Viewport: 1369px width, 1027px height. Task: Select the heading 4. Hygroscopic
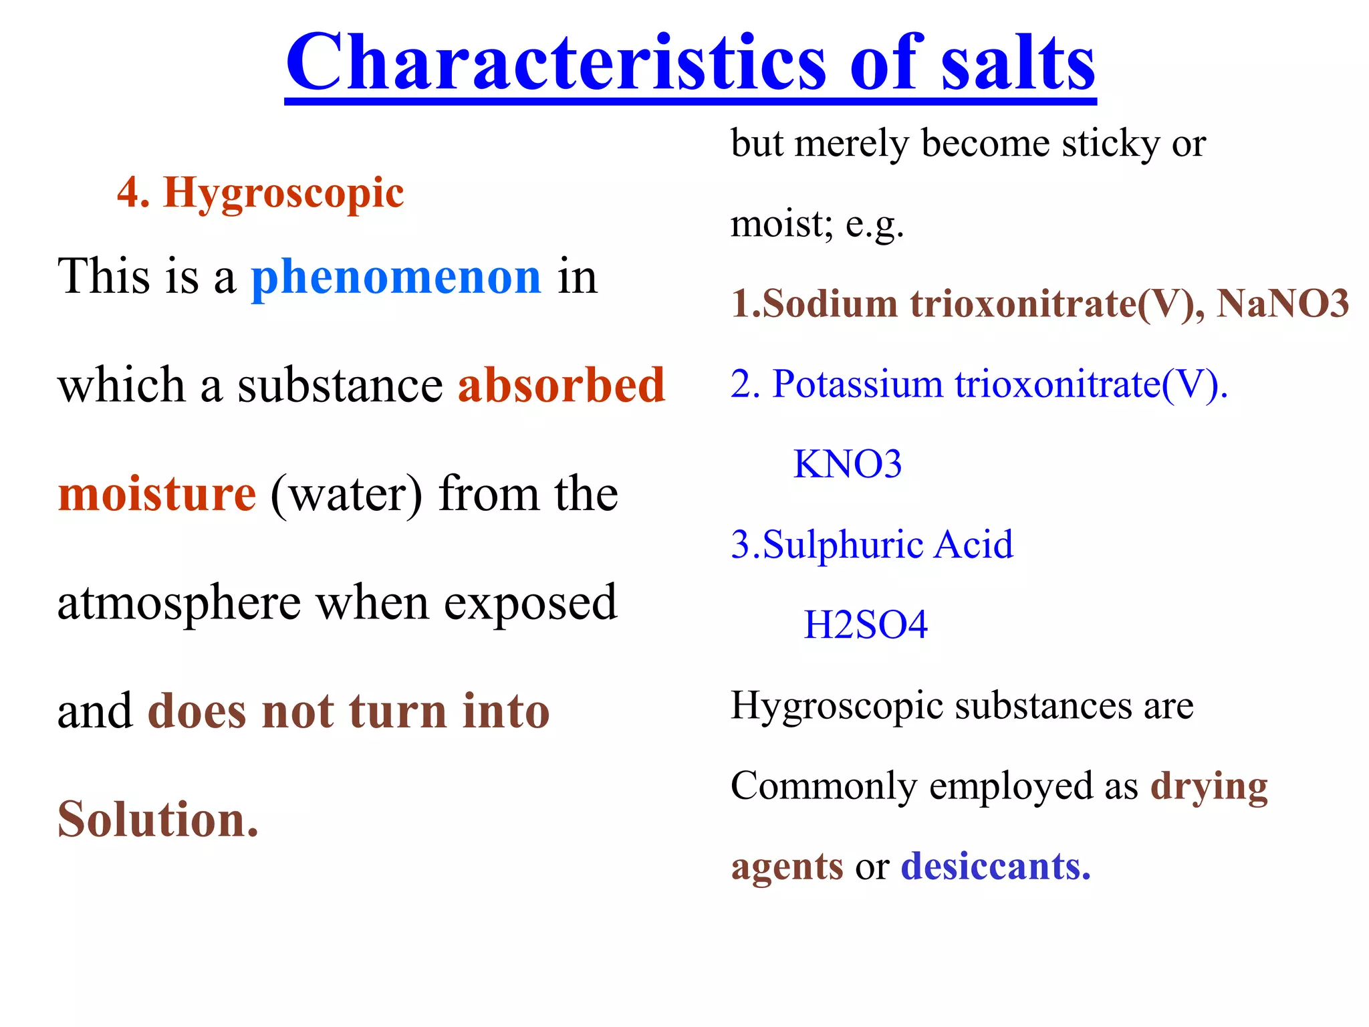click(261, 193)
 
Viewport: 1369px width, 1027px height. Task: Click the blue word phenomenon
click(396, 277)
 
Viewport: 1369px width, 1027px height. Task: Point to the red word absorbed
click(562, 386)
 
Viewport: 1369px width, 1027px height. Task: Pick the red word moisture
click(157, 494)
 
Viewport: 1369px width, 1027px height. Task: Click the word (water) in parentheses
click(346, 495)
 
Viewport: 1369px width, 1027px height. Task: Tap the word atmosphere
click(178, 603)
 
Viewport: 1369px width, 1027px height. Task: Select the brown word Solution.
click(158, 820)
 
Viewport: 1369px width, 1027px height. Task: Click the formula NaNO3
click(1282, 304)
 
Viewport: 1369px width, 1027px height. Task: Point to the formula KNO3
click(847, 464)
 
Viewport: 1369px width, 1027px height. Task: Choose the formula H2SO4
click(865, 625)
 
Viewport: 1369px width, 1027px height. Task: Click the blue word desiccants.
click(995, 867)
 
